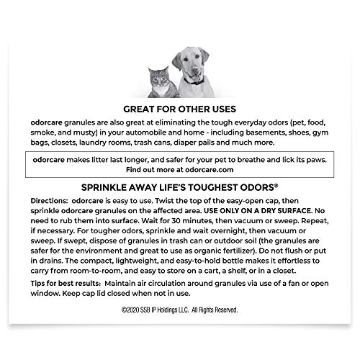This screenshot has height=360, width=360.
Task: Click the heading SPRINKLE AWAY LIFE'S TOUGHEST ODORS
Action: [180, 184]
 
